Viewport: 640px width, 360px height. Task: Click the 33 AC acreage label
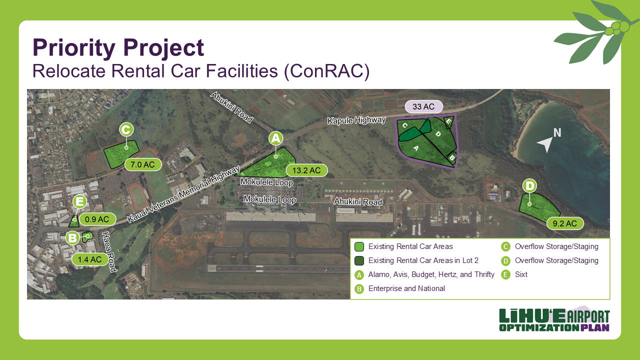(423, 106)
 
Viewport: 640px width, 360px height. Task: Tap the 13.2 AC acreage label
(306, 170)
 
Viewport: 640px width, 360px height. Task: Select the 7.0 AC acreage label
(142, 164)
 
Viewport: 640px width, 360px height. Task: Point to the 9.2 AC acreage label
(565, 223)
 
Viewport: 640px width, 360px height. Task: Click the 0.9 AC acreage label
(97, 219)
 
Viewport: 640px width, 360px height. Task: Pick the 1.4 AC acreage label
(90, 259)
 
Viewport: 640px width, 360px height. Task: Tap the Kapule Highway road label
(356, 120)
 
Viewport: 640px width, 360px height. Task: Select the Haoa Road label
(109, 251)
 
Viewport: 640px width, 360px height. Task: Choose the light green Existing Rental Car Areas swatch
(359, 246)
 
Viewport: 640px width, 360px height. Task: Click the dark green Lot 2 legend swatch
(359, 260)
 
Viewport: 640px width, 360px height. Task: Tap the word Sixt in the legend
(521, 274)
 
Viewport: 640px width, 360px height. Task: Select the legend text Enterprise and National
(406, 288)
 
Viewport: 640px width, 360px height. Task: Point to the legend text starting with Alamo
(431, 274)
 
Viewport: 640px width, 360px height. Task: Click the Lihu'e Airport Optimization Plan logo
(554, 320)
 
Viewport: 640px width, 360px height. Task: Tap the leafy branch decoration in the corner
(595, 32)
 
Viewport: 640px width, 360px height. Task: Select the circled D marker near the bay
(529, 186)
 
